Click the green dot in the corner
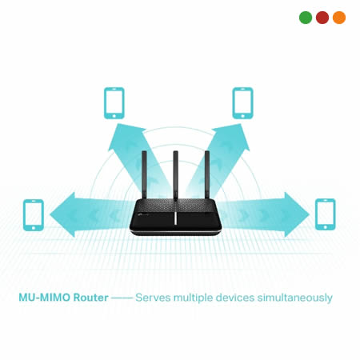coord(306,18)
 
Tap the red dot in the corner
coord(322,18)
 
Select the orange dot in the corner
coord(339,18)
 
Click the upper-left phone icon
coord(114,103)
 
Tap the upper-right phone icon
coord(242,103)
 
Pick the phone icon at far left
coord(34,215)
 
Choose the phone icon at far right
coord(326,214)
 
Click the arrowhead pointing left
coord(62,214)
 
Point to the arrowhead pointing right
coord(297,214)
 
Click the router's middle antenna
coord(175,175)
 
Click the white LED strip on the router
coord(175,218)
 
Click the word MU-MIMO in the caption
coord(44,298)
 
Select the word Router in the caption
coord(91,298)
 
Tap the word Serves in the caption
coord(153,298)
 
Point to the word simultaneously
coord(294,298)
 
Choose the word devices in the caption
coord(235,298)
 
